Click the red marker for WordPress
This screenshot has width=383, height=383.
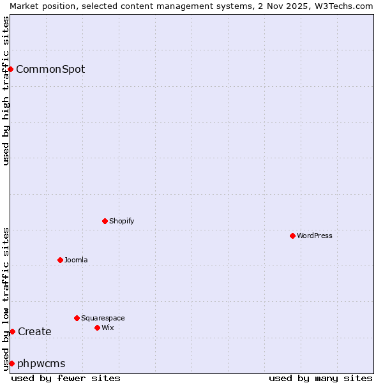[292, 236]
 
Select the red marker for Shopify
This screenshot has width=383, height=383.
[105, 221]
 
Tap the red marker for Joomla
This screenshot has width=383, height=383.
[60, 260]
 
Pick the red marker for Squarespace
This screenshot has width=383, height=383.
[77, 318]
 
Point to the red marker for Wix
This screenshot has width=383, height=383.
[97, 327]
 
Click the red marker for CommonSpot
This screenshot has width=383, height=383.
[11, 69]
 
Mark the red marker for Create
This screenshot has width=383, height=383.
[12, 331]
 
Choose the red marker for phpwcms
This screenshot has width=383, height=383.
[11, 363]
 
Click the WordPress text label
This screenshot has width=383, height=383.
[315, 236]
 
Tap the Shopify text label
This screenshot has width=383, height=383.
[121, 221]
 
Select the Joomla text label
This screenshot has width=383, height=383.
[76, 260]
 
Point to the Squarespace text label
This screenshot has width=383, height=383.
[103, 318]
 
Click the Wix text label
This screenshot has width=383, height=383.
[107, 327]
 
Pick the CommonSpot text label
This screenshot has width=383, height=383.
[50, 69]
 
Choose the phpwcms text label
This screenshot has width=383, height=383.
[41, 363]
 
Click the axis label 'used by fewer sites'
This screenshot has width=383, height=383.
[66, 378]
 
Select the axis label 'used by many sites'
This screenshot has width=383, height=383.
[320, 378]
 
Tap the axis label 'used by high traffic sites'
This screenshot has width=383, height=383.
[6, 91]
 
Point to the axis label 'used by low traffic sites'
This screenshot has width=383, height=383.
[6, 298]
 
